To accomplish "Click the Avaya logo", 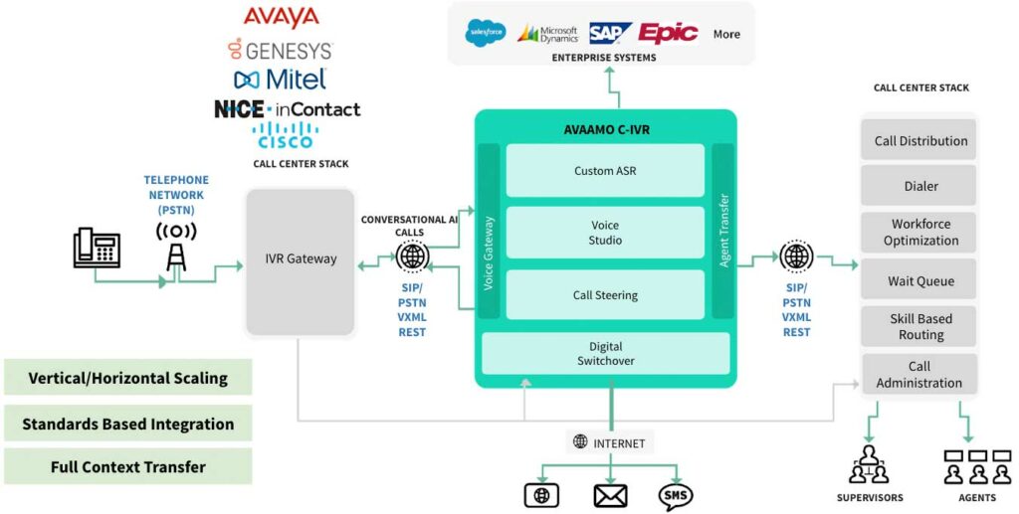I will point(282,17).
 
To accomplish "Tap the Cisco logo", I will point(285,135).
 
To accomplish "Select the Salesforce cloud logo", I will point(486,33).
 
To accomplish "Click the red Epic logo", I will point(669,33).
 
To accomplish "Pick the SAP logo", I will point(610,33).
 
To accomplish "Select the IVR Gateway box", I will point(301,260).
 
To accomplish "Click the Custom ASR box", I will point(605,170).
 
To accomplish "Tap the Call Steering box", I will point(605,294).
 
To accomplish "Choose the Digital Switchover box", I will point(605,354).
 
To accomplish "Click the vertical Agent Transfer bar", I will point(723,231).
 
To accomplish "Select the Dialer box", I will point(919,185).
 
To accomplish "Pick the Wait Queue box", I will point(919,281).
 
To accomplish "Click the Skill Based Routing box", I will point(919,327).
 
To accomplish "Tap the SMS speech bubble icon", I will point(676,495).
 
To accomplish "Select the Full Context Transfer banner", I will point(127,466).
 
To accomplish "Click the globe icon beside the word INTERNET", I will point(580,442).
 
